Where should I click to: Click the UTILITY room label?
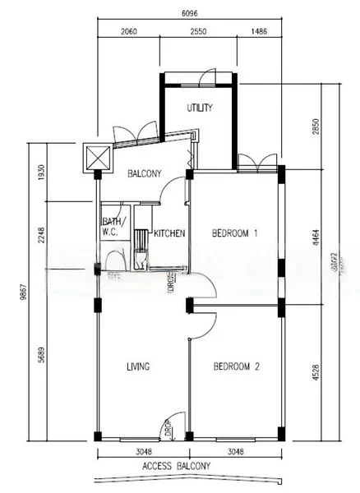click(199, 108)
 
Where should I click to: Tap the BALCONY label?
click(144, 173)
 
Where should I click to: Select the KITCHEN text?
click(170, 233)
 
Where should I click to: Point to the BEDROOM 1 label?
click(235, 233)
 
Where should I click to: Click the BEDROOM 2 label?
click(236, 366)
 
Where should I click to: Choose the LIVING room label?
click(137, 366)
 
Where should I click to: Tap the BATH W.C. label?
click(112, 227)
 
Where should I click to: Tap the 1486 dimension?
click(259, 30)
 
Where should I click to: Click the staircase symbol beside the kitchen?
click(141, 243)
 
